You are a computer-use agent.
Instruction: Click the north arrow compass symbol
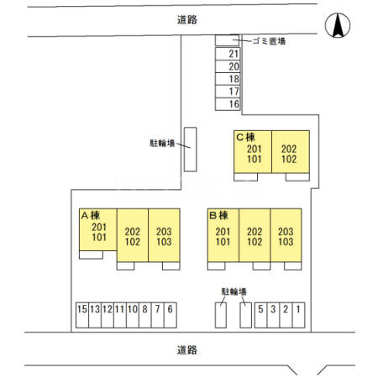[338, 25]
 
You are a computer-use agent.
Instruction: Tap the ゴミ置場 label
[269, 41]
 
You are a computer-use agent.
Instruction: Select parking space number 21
[228, 54]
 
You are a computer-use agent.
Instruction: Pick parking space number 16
[228, 104]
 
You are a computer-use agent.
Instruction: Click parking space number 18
[228, 79]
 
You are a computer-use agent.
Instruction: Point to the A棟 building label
[90, 215]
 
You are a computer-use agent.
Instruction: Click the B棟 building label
[218, 215]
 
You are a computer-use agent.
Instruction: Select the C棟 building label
[245, 138]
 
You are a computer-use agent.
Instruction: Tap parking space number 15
[82, 315]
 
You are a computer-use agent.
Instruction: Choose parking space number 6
[171, 315]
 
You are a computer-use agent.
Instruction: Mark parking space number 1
[298, 315]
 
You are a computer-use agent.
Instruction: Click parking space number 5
[261, 315]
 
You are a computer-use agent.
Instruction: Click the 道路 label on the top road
[187, 19]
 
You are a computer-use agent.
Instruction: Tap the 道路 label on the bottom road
[187, 350]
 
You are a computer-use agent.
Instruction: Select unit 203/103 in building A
[164, 235]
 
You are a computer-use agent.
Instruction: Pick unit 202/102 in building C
[291, 152]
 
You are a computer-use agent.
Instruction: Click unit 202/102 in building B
[255, 235]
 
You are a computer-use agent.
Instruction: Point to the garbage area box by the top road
[227, 40]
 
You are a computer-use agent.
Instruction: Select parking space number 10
[133, 315]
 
